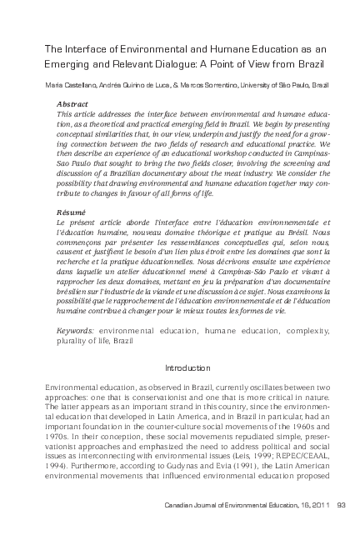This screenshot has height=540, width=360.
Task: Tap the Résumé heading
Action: (69, 212)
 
